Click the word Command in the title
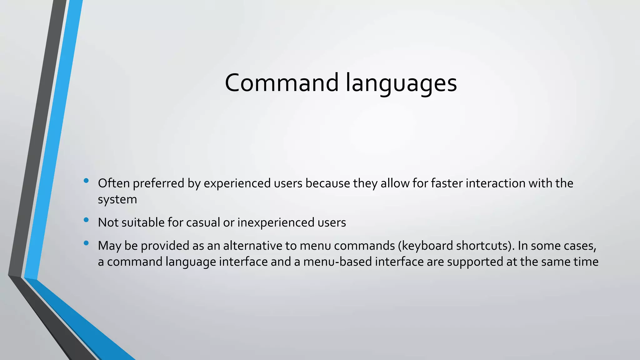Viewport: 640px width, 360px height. [x=282, y=83]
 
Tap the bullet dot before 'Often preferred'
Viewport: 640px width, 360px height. [x=86, y=180]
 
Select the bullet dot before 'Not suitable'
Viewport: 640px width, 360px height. [x=86, y=220]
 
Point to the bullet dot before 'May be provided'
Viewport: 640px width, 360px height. [x=86, y=243]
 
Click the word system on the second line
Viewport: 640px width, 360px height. [x=117, y=200]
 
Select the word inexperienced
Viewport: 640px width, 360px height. [x=276, y=222]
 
